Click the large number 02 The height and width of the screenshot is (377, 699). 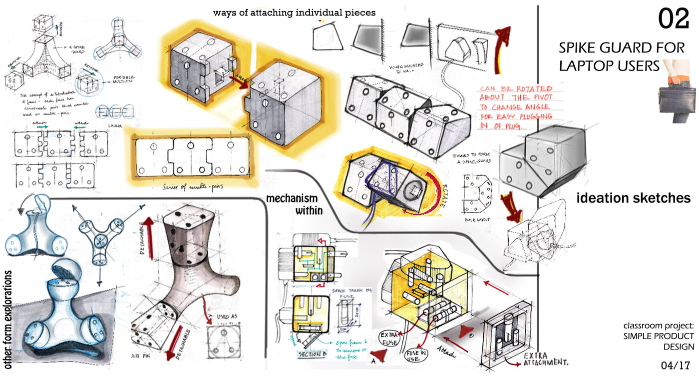coord(674,19)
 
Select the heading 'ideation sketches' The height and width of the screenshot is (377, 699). coord(633,198)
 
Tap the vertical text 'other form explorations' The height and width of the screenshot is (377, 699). coord(8,318)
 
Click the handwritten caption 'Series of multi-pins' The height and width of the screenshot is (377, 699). coord(192,187)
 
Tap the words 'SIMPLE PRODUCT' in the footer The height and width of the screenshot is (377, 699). coord(658,336)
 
